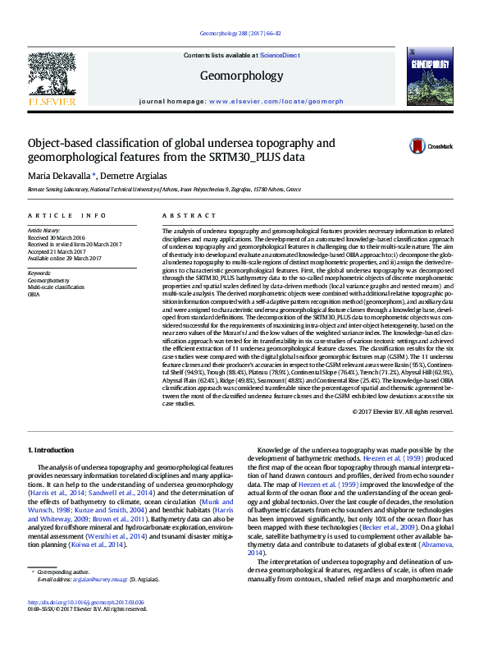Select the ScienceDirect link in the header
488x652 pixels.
coord(278,54)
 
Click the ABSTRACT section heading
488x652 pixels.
coord(178,214)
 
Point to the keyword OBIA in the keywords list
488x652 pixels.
coord(34,293)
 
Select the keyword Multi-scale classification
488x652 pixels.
coord(56,287)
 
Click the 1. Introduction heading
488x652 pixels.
coord(52,450)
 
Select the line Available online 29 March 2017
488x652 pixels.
coord(65,258)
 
